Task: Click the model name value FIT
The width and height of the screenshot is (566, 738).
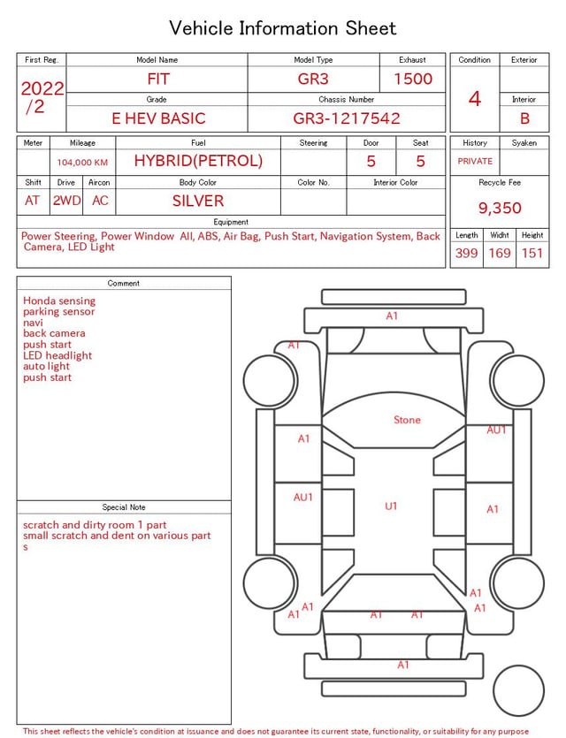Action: (158, 79)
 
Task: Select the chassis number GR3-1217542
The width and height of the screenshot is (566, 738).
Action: (347, 118)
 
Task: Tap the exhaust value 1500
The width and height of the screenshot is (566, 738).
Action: (413, 79)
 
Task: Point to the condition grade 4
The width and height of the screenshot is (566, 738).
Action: (475, 99)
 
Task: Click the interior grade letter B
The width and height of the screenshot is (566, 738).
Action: (524, 118)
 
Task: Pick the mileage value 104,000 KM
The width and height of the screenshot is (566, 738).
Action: (82, 163)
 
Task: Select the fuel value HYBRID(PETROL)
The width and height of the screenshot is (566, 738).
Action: (198, 161)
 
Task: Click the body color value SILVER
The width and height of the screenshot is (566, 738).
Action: (198, 201)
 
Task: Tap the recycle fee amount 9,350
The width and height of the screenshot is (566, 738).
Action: (500, 208)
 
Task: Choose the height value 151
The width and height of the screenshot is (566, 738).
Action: (532, 253)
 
